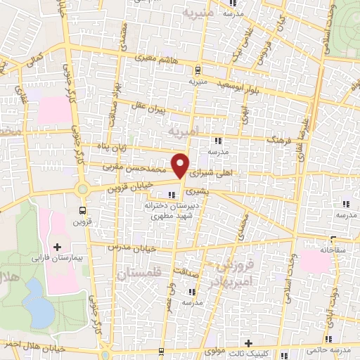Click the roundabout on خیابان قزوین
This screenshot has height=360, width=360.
pos(83,188)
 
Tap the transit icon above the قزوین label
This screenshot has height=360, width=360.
pos(84,209)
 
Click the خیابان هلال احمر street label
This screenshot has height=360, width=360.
pos(32,347)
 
